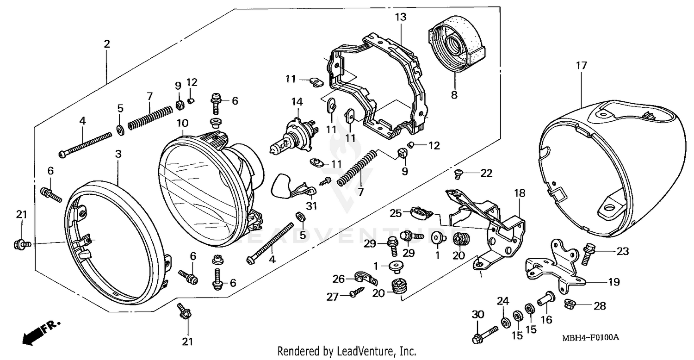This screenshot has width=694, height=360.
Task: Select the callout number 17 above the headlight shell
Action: [581, 66]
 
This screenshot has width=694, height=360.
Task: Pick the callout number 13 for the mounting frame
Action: [400, 18]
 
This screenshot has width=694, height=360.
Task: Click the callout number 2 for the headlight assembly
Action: [107, 44]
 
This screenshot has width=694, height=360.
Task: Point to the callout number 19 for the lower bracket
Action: [614, 282]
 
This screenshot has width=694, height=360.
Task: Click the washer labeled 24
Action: [504, 319]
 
